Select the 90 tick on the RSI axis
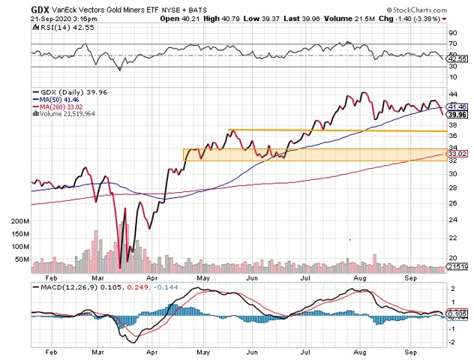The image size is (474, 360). point(451,33)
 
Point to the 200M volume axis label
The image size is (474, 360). point(20,223)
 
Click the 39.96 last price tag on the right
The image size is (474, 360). point(457,115)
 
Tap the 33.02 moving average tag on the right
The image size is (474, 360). point(457,153)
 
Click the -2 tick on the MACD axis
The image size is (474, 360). point(451,341)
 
